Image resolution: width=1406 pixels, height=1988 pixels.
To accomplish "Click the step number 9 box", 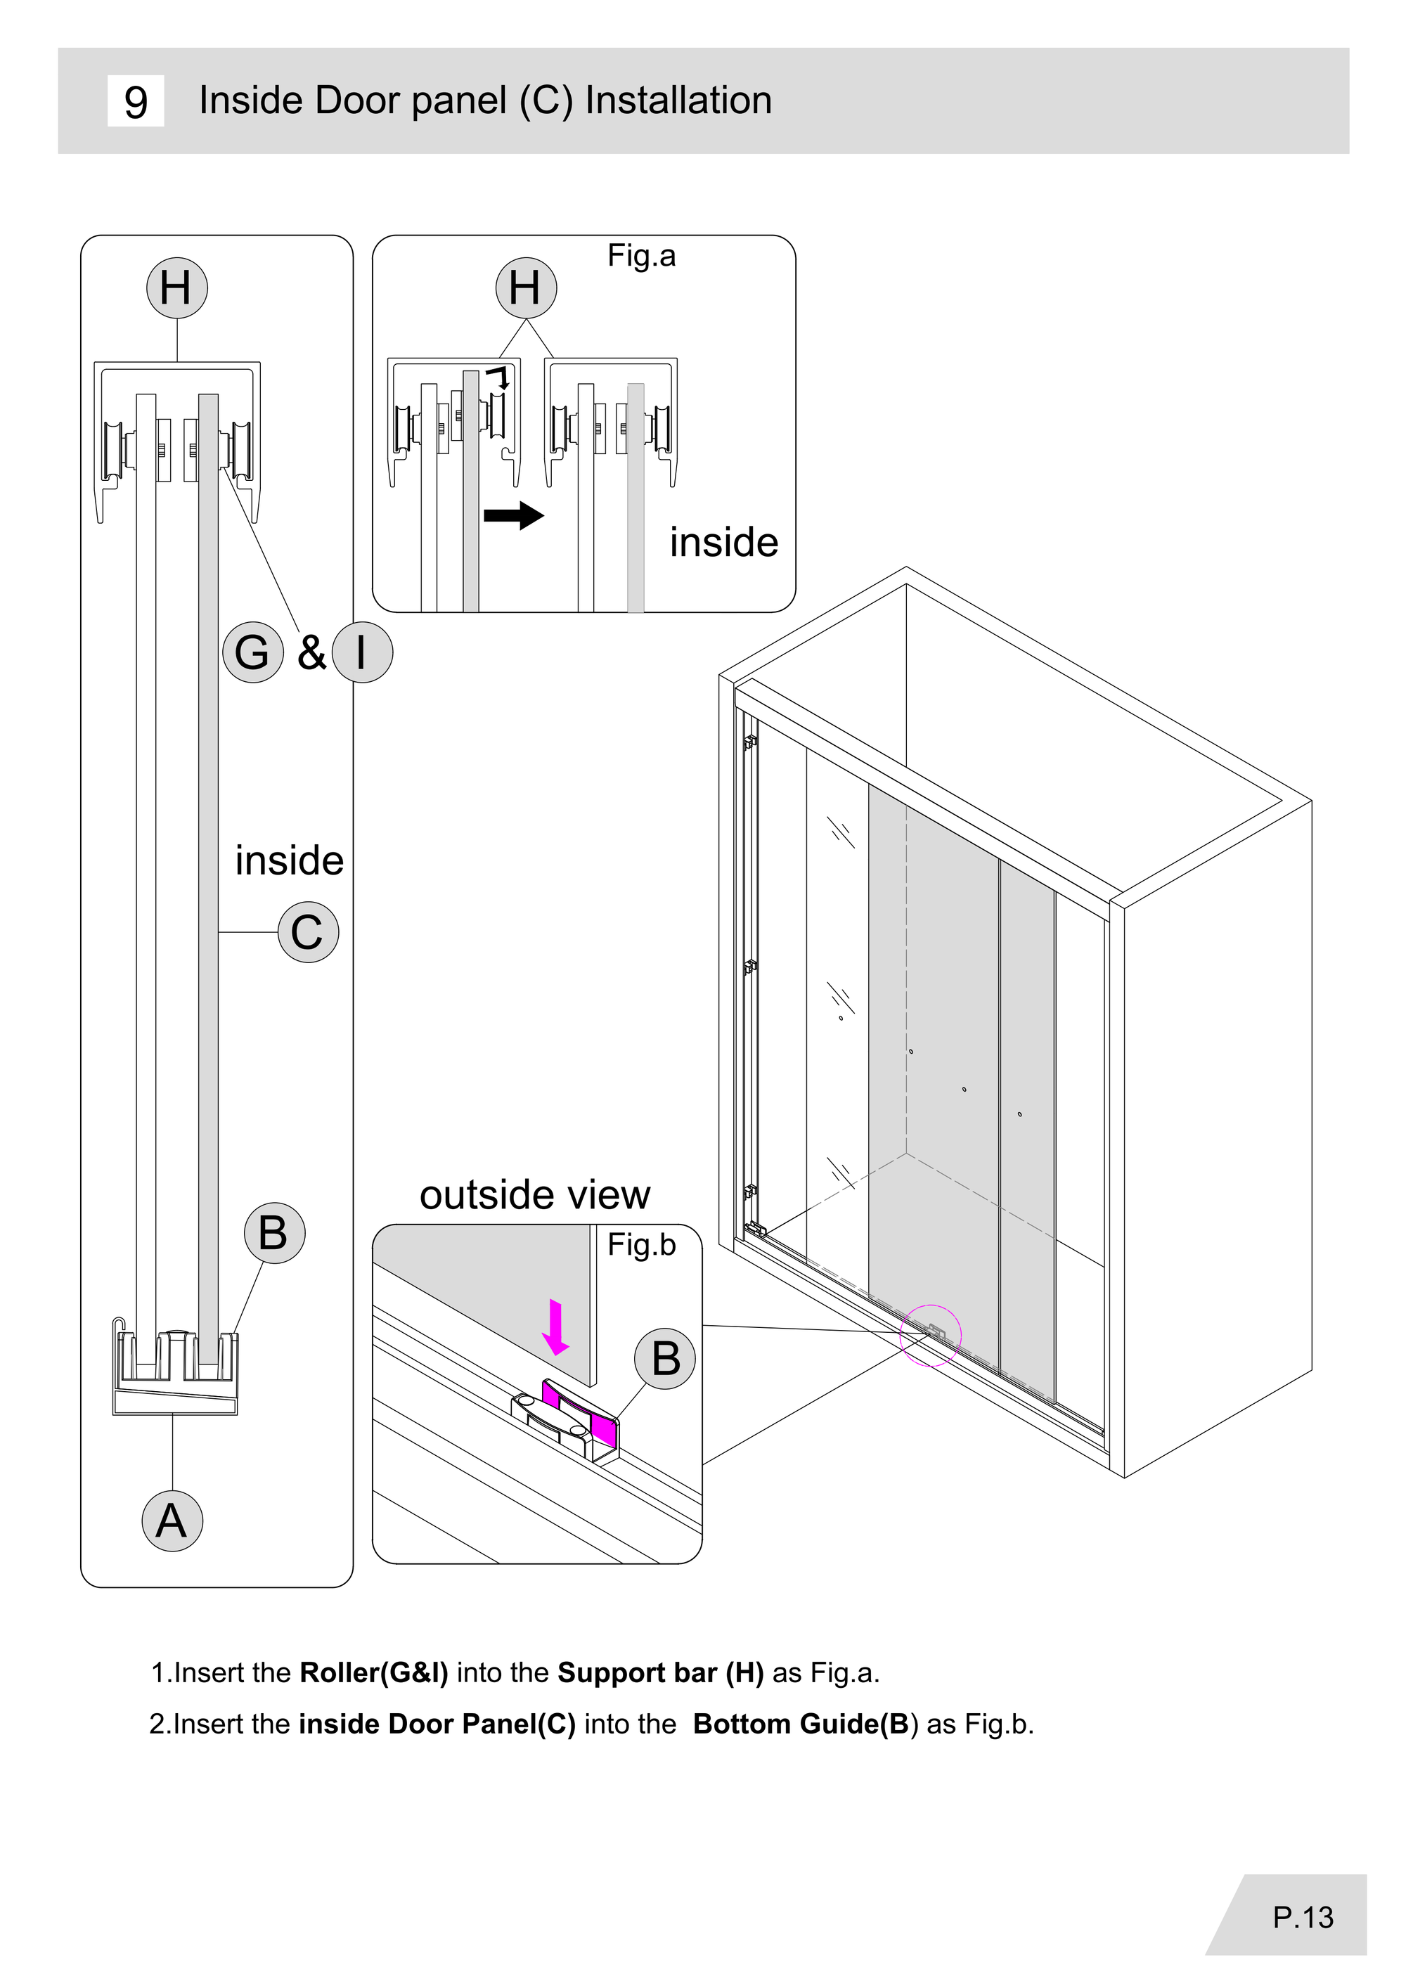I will tap(135, 101).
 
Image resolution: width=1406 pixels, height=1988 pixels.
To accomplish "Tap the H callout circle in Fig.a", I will tap(526, 288).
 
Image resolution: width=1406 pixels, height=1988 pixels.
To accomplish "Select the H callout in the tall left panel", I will tap(176, 288).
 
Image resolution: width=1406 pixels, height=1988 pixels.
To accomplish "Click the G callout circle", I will tap(253, 652).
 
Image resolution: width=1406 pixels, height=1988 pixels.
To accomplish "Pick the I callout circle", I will tap(362, 652).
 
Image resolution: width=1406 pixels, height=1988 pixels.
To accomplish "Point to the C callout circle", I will tap(308, 933).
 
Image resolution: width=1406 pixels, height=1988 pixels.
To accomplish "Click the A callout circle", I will tap(172, 1521).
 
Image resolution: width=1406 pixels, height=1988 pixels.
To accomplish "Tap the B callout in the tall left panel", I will tap(274, 1233).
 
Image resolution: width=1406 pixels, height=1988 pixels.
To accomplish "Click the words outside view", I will tap(534, 1195).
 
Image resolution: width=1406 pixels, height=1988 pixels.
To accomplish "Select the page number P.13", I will tap(1303, 1917).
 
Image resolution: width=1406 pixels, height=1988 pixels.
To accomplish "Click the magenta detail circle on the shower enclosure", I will tap(931, 1335).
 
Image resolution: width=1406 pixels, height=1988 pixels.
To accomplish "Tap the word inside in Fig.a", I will tap(724, 543).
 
